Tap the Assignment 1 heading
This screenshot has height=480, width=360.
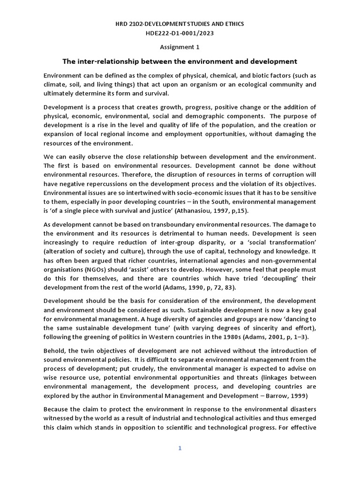[180, 47]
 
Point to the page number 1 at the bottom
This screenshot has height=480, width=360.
[180, 448]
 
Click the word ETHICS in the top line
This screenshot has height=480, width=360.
[233, 23]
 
